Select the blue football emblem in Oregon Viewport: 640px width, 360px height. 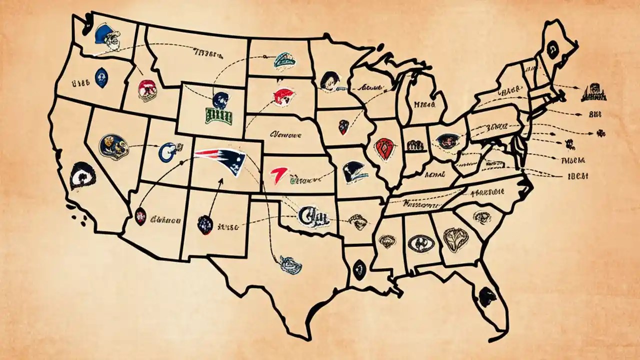tap(101, 78)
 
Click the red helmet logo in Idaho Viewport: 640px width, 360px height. tap(147, 90)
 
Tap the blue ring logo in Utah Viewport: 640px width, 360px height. tap(167, 151)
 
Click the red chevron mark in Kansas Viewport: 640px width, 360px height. tap(278, 175)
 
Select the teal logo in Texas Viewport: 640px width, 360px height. tap(290, 263)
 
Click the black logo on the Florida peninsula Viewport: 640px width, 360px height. tap(486, 296)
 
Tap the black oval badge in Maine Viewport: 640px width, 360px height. tap(552, 48)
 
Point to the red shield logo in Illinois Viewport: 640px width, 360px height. tap(385, 148)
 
